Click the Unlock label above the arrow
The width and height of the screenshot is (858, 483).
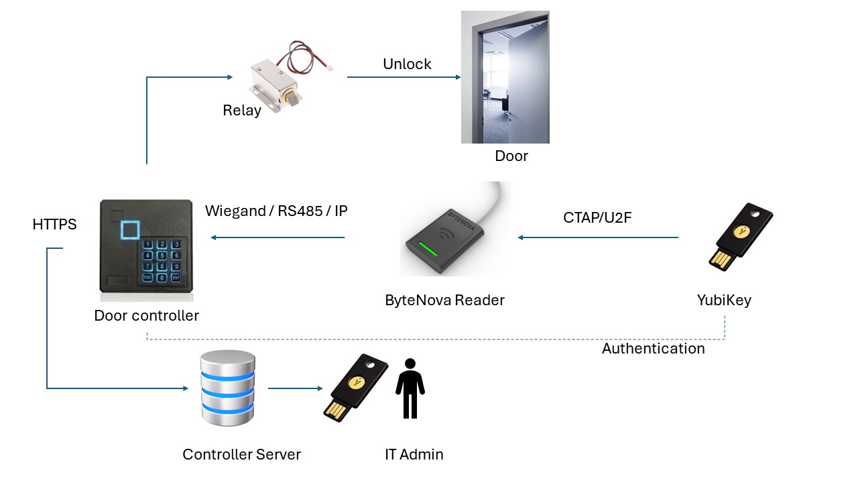[407, 64]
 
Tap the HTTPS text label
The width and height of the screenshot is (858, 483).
[54, 225]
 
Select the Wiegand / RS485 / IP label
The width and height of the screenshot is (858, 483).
[276, 211]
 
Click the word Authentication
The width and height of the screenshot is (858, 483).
[653, 349]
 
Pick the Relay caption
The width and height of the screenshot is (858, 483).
[242, 111]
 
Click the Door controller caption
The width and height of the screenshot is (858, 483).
[146, 316]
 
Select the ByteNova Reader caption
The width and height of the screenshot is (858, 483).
[444, 301]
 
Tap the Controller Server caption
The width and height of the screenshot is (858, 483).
[241, 455]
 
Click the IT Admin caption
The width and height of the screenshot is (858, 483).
[414, 455]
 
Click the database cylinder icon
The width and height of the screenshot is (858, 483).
[228, 388]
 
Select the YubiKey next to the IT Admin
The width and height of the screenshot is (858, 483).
[355, 388]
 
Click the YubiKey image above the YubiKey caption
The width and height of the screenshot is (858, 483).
[741, 237]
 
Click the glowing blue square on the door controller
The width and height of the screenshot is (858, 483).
[131, 229]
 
